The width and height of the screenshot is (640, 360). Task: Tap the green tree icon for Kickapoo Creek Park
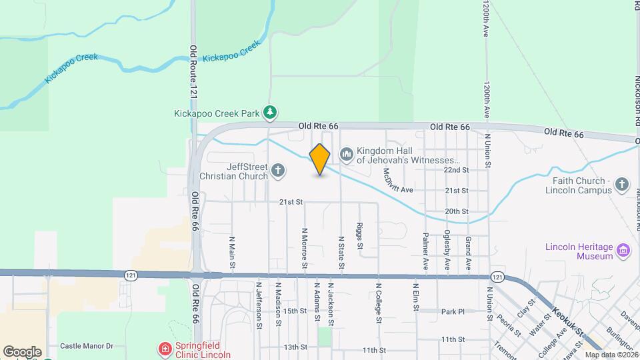tap(270, 113)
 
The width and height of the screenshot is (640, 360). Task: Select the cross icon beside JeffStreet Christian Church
tap(279, 171)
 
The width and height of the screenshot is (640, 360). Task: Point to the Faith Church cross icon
tap(621, 185)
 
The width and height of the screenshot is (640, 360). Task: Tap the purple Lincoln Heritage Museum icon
tap(624, 251)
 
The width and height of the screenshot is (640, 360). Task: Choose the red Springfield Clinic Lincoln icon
tap(164, 349)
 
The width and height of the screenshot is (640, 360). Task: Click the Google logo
tap(22, 352)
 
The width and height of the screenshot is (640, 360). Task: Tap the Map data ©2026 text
tap(609, 355)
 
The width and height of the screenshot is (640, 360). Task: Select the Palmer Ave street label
tap(425, 251)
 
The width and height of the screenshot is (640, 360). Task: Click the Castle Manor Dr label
tap(87, 346)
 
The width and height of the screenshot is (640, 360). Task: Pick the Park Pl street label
tap(452, 311)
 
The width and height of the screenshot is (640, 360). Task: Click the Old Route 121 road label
tap(193, 73)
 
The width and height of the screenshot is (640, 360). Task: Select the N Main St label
tap(232, 253)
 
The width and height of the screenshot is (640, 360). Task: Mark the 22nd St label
tap(457, 170)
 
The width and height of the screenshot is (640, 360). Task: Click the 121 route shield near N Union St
tap(497, 275)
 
